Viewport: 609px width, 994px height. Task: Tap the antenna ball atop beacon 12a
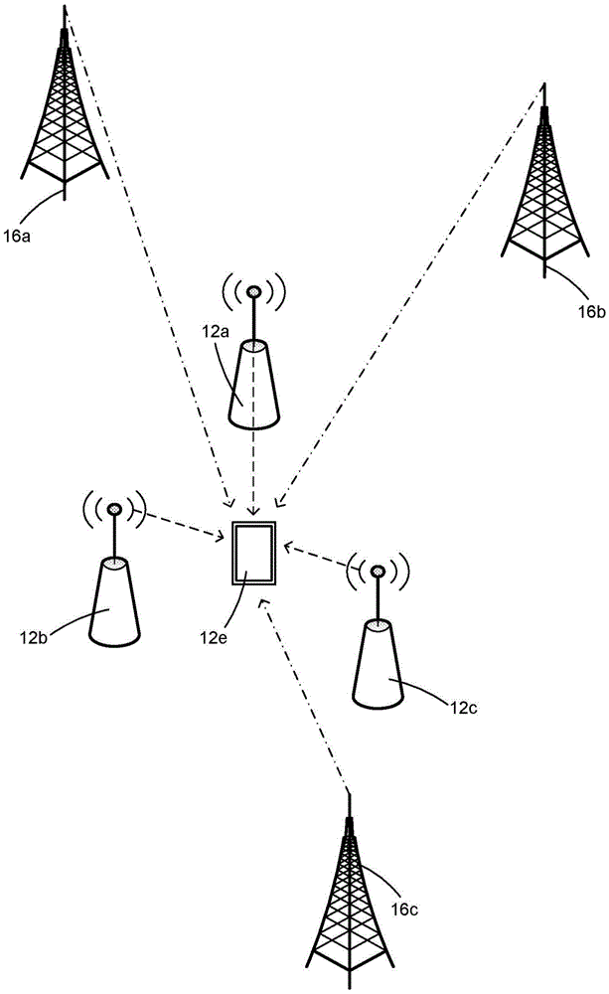pos(254,292)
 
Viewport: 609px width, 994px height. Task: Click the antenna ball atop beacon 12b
pos(113,509)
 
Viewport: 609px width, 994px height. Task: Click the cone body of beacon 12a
pos(254,383)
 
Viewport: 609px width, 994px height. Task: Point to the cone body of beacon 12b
pos(114,601)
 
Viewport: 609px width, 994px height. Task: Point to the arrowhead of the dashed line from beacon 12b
pos(222,538)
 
